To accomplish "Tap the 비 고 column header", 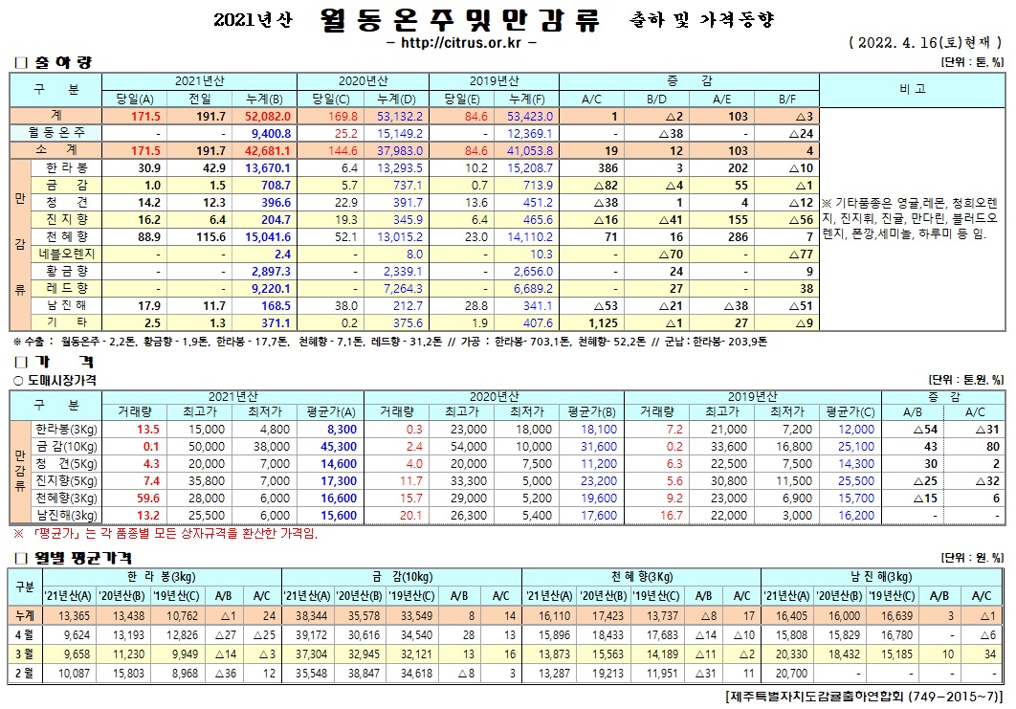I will click(912, 88).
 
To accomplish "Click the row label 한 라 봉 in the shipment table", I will click(65, 167).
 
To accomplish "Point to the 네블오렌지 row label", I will click(65, 254).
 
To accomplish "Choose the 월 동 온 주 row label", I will click(57, 133).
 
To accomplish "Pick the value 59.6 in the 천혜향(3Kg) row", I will click(147, 499).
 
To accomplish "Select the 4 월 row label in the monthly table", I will click(23, 633).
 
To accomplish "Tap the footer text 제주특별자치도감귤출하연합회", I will click(823, 695).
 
